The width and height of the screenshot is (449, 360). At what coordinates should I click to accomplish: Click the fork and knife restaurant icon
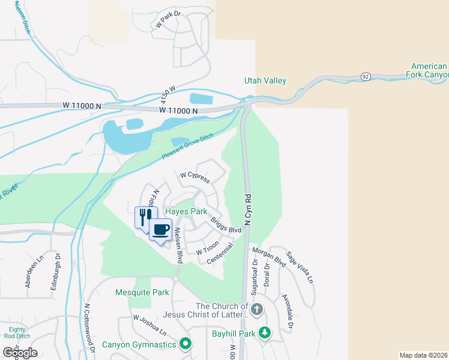[143, 216]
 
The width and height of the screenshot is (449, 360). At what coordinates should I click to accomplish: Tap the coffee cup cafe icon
[160, 230]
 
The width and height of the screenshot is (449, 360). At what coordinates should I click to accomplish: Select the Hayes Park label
[187, 212]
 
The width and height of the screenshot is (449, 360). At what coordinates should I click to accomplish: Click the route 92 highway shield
[364, 77]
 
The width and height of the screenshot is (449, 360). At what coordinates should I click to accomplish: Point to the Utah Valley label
[265, 80]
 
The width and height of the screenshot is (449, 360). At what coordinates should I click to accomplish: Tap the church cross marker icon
[256, 310]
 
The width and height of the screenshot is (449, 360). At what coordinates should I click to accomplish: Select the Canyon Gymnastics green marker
[185, 344]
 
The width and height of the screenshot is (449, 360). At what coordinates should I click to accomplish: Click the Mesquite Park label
[142, 293]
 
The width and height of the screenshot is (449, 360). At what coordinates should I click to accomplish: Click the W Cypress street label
[195, 176]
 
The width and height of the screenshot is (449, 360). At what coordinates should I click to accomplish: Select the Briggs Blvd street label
[226, 226]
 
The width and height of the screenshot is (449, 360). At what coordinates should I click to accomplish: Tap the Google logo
[20, 353]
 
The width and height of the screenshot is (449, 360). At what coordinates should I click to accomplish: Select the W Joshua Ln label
[149, 325]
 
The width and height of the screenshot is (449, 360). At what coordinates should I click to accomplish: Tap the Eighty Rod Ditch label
[17, 333]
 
